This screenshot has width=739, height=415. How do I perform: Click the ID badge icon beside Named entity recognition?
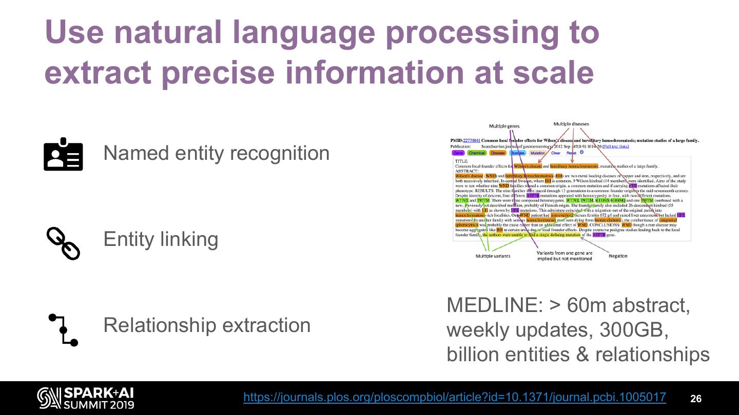(x=63, y=154)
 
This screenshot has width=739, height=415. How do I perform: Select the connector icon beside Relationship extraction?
(x=63, y=330)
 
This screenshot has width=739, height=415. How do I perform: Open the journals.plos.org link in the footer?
(x=454, y=397)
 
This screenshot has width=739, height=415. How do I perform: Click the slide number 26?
(x=695, y=399)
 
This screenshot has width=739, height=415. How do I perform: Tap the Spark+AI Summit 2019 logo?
(x=86, y=398)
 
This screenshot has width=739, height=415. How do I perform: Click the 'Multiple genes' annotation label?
(x=504, y=126)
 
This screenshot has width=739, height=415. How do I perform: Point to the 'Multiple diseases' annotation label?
(x=571, y=124)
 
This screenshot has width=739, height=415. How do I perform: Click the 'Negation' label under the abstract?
(x=618, y=256)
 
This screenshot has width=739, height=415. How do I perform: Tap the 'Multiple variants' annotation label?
(x=493, y=256)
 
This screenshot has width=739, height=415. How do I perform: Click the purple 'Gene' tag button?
(x=458, y=153)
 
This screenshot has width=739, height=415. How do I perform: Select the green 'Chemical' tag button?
(x=476, y=153)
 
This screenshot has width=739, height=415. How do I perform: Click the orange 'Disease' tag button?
(x=497, y=153)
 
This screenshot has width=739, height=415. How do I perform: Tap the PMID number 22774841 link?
(x=471, y=140)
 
